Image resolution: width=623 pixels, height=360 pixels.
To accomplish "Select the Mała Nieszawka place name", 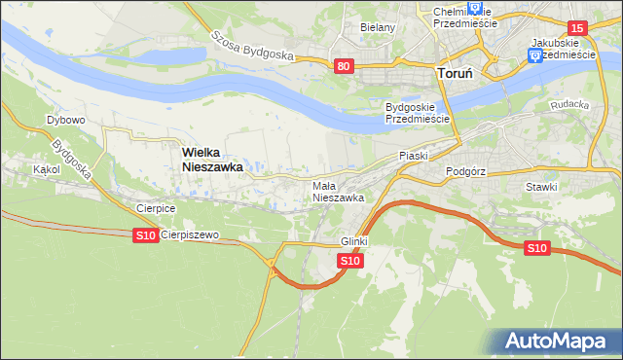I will click(338, 191).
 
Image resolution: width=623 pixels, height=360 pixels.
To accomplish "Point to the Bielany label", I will click(378, 27).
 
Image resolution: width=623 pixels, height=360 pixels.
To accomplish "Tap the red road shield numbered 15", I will click(577, 29).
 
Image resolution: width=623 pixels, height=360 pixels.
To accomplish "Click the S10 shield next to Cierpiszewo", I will click(145, 235).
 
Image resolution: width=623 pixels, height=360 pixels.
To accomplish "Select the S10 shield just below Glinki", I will click(351, 261).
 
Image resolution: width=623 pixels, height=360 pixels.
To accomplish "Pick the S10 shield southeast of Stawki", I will click(536, 248).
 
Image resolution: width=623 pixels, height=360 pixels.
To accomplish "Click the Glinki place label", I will click(353, 241).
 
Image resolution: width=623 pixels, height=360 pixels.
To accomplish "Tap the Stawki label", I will click(540, 187).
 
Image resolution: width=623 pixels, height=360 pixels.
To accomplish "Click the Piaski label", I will click(414, 156).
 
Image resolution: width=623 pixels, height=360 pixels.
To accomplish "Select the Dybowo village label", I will click(66, 121).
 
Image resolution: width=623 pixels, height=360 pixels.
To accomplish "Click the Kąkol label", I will click(46, 169).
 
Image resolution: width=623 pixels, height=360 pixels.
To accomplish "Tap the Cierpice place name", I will click(156, 208).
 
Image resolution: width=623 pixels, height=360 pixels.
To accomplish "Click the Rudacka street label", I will click(569, 104).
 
